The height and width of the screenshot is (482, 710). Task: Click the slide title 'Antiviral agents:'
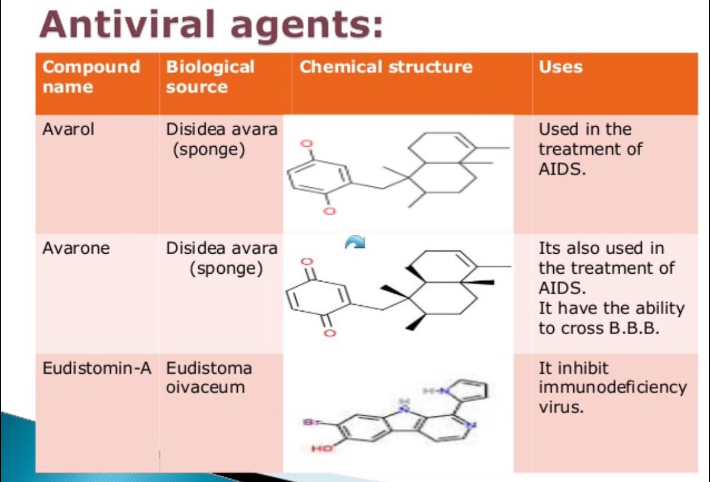211,25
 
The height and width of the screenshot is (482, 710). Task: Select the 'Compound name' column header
91,77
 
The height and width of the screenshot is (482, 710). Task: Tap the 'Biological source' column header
210,77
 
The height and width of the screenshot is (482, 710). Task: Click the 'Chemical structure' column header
386,67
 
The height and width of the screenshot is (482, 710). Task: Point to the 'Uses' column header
560,67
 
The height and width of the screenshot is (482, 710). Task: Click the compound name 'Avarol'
68,130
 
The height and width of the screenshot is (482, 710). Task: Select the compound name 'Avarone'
76,248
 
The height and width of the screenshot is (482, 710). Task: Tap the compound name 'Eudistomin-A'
96,368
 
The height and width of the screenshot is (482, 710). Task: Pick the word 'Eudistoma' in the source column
208,368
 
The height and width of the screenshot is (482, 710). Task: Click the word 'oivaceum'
205,387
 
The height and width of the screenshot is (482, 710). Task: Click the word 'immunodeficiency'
612,387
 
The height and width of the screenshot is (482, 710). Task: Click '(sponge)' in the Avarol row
209,150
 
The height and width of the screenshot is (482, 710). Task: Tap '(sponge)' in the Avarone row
226,269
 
